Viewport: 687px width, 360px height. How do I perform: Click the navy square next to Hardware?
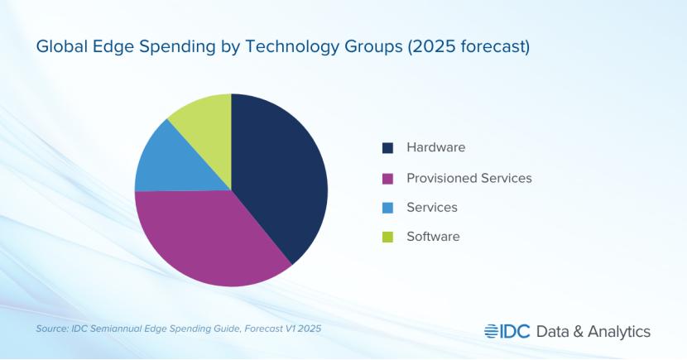pos(387,148)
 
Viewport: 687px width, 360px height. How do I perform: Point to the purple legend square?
pos(387,178)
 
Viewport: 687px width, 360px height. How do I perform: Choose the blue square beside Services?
pos(387,208)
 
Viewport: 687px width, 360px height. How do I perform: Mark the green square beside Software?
pos(387,238)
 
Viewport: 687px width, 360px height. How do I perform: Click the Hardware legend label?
pos(435,147)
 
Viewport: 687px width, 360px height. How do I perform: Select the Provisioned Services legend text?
pos(468,178)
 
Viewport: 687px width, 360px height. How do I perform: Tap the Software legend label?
pos(432,237)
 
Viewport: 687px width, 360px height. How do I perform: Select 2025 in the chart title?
pos(428,47)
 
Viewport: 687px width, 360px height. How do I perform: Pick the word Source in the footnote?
pos(51,329)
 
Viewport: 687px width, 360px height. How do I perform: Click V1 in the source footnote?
pos(286,329)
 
